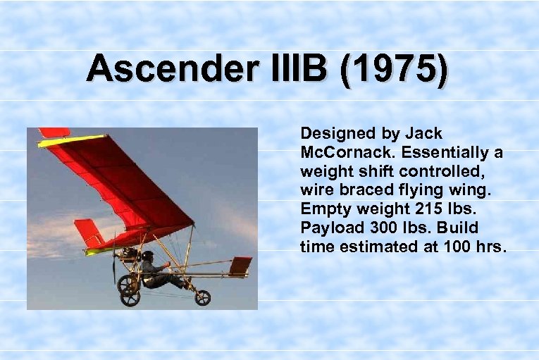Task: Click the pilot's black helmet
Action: (147, 256)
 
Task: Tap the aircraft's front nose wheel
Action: (203, 297)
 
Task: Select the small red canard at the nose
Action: (240, 265)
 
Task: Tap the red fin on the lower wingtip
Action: (87, 233)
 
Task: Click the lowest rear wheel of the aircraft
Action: (130, 298)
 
